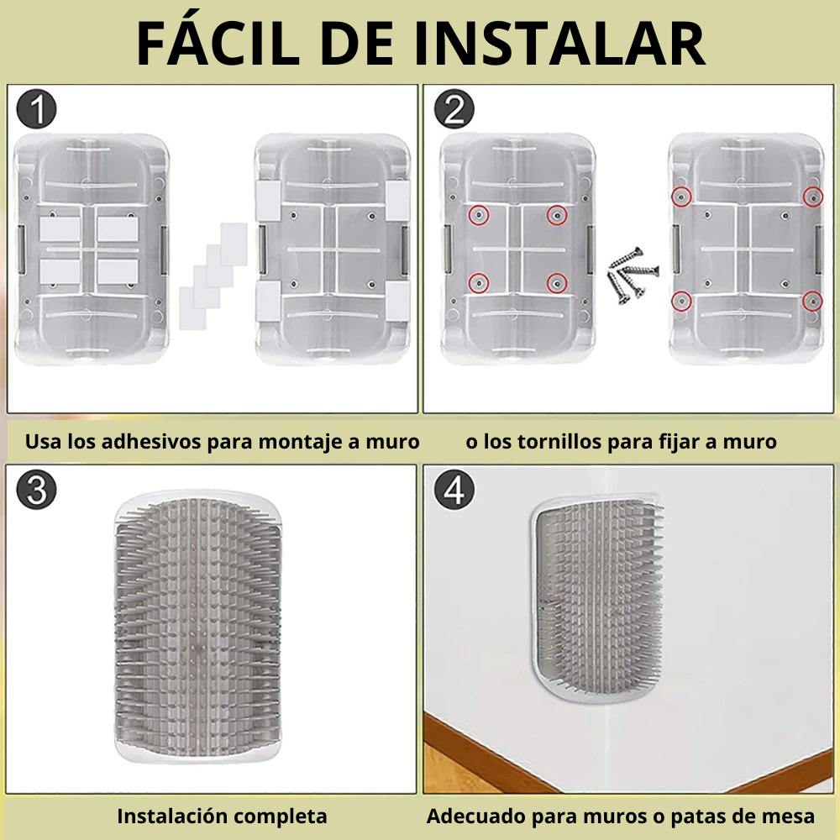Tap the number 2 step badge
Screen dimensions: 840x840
point(454,108)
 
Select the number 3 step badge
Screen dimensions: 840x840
point(36,490)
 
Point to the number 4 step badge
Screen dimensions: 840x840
point(454,490)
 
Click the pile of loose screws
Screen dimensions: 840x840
point(633,276)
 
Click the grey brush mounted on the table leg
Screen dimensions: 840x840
point(597,600)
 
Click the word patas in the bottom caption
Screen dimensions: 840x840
point(700,817)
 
